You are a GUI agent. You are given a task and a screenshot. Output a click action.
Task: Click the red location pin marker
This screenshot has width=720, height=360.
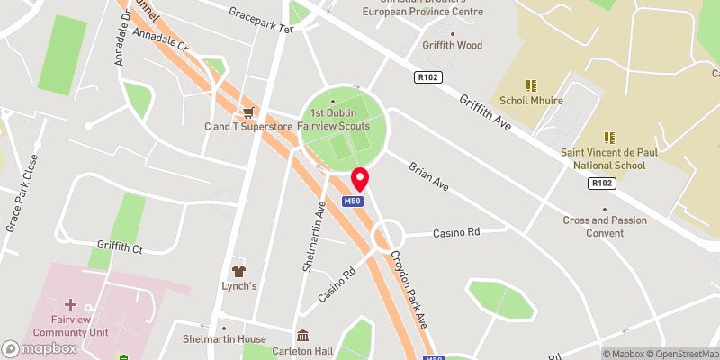[x=360, y=178]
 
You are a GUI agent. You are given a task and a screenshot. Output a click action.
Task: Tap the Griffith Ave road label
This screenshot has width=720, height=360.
[x=484, y=113]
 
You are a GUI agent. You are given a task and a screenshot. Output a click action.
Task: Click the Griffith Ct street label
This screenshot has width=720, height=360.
[x=121, y=245]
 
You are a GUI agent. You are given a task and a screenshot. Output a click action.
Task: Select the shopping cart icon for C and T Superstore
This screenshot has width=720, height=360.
[x=247, y=112]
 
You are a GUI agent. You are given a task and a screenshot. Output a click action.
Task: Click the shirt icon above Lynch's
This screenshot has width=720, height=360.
[x=239, y=270]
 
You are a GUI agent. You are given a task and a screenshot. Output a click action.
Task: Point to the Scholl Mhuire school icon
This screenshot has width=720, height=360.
[x=531, y=85]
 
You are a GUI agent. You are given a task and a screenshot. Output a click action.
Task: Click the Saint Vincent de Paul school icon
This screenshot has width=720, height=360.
[x=609, y=138]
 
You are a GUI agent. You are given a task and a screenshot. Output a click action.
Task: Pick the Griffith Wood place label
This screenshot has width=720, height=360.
[x=452, y=45]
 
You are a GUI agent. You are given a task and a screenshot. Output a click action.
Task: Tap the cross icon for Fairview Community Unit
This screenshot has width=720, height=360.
[x=70, y=306]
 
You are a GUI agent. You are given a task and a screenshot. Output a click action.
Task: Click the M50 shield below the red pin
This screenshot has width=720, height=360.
[x=353, y=202]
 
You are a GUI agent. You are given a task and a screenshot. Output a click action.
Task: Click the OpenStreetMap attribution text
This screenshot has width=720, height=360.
[x=681, y=353]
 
